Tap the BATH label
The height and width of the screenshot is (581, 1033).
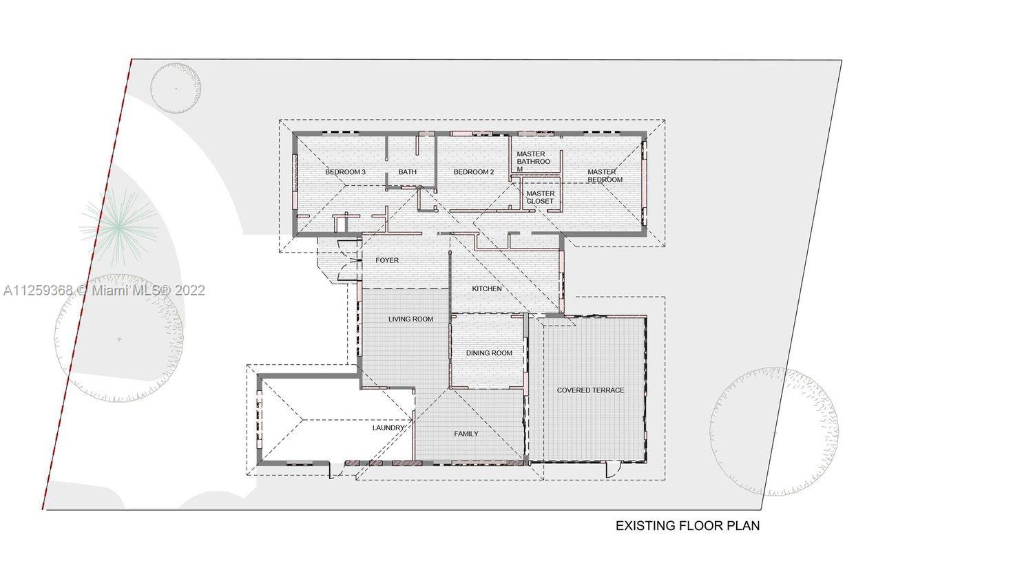tap(407, 172)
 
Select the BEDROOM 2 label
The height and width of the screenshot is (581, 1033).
tap(473, 172)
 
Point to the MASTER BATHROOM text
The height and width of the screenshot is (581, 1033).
tap(533, 162)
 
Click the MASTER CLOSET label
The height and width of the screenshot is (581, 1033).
tap(540, 198)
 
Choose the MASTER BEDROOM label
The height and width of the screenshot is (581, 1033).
tap(604, 176)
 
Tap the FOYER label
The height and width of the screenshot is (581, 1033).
tap(386, 261)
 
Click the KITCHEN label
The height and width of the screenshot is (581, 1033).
tap(487, 288)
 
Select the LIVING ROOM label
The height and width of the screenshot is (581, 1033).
tap(410, 319)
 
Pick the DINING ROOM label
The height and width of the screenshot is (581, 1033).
tap(489, 353)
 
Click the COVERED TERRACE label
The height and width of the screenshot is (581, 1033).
tap(590, 390)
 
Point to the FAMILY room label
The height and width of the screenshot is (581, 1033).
tap(466, 434)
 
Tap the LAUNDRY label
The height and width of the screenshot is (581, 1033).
tap(388, 428)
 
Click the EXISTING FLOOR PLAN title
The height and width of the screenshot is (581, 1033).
tap(687, 526)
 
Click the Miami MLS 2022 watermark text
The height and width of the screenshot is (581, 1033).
tap(103, 291)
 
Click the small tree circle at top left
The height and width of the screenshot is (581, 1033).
tap(176, 88)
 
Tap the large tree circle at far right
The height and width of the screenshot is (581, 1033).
tap(774, 432)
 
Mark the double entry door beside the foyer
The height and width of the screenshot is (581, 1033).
tap(351, 261)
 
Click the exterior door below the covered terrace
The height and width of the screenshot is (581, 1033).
tap(610, 470)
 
